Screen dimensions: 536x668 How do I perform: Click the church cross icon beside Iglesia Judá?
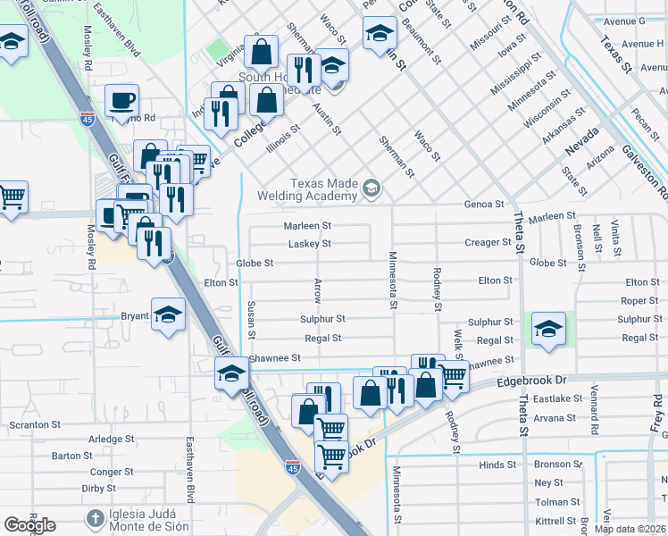(x=95, y=519)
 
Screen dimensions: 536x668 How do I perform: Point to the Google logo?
(x=29, y=525)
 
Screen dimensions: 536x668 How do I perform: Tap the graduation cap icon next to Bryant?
(x=167, y=315)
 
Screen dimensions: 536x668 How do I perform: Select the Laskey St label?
(x=309, y=244)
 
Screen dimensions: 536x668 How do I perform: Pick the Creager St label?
(x=487, y=243)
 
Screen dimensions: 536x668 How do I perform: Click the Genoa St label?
(x=484, y=205)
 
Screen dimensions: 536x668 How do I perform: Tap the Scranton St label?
(x=35, y=425)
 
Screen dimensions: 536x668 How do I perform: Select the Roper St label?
(x=639, y=301)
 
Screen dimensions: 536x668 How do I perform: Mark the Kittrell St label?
(x=555, y=521)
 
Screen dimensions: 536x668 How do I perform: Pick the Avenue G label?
(x=622, y=21)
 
